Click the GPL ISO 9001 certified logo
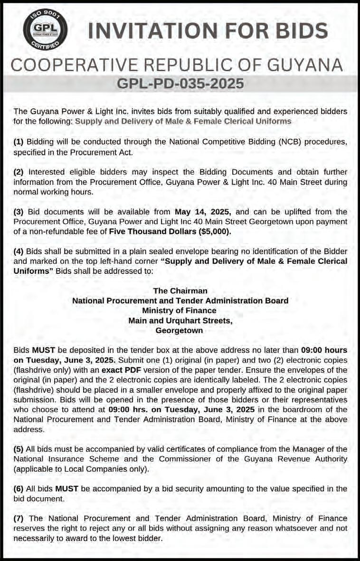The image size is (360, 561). [x=46, y=30]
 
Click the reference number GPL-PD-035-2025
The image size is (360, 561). [x=180, y=84]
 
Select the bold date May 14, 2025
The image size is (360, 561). [x=202, y=211]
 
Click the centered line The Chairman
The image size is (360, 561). [x=180, y=290]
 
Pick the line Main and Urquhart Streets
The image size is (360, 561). [x=180, y=320]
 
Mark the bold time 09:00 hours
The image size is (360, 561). [x=323, y=350]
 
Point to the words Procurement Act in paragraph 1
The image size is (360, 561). [x=103, y=152]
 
